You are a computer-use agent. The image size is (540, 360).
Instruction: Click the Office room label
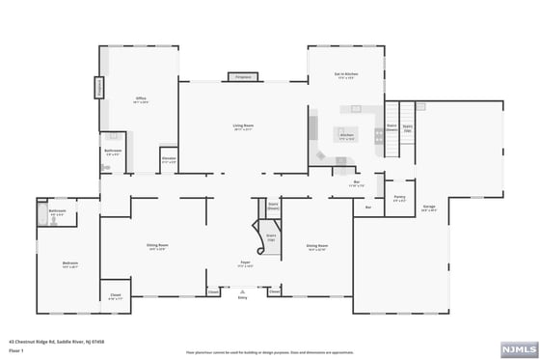(x=139, y=99)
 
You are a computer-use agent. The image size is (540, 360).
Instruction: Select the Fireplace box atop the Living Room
(x=242, y=77)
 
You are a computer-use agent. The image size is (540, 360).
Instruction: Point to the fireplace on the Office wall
(x=98, y=88)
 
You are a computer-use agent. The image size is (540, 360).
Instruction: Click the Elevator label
(x=169, y=159)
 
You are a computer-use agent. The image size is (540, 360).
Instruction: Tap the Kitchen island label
(x=346, y=136)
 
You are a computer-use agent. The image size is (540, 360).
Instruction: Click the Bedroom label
(x=70, y=263)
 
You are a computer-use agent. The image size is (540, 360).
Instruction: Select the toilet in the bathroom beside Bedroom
(x=55, y=220)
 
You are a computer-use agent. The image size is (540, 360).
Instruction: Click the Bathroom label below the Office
(x=113, y=151)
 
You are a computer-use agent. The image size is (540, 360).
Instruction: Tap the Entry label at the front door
(x=242, y=298)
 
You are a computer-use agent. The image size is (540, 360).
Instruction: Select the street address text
(x=43, y=341)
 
